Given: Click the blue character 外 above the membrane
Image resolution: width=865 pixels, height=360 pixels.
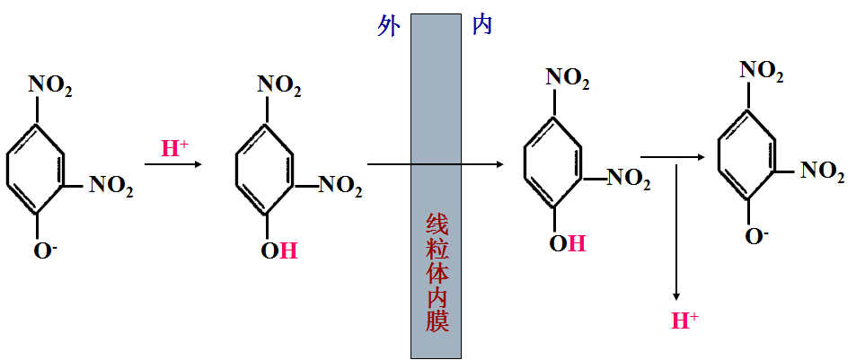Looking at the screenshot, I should click(388, 26).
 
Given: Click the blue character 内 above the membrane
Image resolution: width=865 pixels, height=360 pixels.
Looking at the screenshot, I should click(481, 26).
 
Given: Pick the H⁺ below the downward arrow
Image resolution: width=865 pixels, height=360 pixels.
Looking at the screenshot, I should click(685, 320).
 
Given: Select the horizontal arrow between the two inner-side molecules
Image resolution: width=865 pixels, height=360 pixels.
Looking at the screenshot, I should click(671, 158).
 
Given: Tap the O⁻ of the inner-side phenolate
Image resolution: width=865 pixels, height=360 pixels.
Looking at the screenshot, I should click(757, 236).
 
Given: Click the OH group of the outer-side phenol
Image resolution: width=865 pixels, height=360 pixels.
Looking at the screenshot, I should click(278, 250).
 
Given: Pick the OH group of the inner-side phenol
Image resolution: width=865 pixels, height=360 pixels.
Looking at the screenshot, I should click(567, 242).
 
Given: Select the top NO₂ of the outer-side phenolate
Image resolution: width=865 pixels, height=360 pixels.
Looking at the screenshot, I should click(50, 86).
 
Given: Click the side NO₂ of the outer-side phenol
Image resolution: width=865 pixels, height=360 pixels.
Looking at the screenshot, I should click(340, 186).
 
